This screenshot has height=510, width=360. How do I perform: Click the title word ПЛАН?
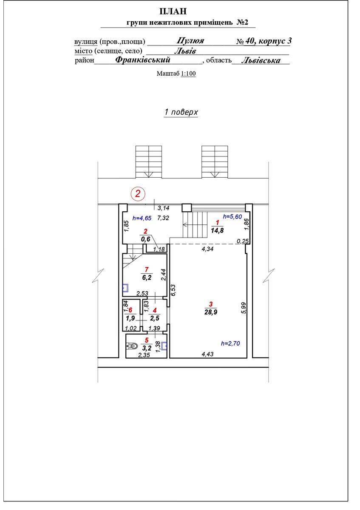173,11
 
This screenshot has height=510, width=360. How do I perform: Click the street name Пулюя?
190,41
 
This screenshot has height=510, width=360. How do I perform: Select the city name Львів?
185,51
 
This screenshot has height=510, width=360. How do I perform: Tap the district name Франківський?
143,60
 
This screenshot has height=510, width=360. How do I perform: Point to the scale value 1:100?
188,74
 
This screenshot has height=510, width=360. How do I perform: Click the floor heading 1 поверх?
181,112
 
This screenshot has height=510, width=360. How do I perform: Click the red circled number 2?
138,194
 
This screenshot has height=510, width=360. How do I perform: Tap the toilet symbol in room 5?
132,346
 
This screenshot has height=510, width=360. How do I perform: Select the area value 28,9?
211,312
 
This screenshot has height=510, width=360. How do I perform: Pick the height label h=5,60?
232,216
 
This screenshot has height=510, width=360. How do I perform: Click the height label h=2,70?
230,343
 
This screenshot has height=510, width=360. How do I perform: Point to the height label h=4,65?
142,218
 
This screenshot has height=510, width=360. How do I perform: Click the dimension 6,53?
173,290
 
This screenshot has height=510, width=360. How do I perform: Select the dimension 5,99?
244,308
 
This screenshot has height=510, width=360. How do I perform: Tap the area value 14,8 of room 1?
217,230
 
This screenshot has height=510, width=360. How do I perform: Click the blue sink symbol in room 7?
125,288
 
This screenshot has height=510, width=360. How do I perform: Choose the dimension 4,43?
208,354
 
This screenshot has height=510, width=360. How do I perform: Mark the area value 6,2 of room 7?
147,278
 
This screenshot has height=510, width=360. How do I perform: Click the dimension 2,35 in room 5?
144,355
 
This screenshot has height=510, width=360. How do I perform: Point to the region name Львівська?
261,60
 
